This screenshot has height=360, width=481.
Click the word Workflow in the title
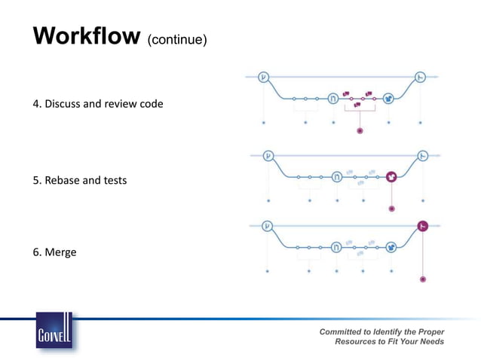coord(86,36)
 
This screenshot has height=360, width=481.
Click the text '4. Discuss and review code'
coord(97,103)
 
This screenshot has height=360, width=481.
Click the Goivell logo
coord(54,332)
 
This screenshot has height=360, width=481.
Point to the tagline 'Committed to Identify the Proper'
coord(381,332)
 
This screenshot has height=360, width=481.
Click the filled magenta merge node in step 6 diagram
coord(423,226)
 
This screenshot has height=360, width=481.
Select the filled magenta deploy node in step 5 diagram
coord(391,177)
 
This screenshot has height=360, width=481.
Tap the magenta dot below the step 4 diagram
coord(360,131)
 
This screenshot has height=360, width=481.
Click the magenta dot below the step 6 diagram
coord(423,279)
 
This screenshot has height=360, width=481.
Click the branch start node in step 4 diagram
coord(263,76)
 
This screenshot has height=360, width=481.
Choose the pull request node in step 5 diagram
coord(337,177)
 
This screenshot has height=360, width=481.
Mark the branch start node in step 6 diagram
coord(266,226)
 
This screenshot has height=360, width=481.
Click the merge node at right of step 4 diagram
coord(421,76)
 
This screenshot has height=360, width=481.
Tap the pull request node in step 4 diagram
coord(333,98)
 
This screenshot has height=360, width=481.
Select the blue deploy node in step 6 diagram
coord(391,247)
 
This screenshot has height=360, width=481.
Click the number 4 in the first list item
coord(35,103)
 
